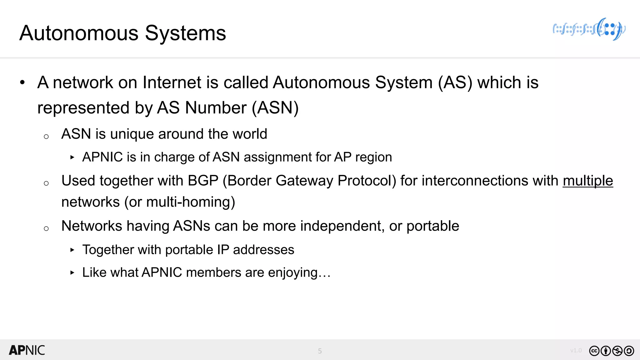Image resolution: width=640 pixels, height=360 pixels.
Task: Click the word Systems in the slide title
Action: [185, 33]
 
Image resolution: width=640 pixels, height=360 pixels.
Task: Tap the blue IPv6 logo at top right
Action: [589, 29]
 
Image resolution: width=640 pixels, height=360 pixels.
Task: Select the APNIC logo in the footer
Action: [27, 350]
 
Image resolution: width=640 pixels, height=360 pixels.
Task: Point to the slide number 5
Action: [320, 351]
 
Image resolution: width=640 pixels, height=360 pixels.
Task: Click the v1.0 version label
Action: [576, 350]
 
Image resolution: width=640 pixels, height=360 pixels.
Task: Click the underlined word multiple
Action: [588, 181]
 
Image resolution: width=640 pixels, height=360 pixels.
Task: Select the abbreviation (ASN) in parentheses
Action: [275, 108]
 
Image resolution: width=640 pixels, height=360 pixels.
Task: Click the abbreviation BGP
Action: [203, 181]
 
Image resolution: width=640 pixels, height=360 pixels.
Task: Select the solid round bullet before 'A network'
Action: [22, 83]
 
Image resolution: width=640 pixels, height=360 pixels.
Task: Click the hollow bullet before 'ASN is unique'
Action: [46, 137]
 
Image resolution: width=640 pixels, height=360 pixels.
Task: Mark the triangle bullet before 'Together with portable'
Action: [72, 250]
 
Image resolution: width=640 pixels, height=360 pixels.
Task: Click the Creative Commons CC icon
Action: [594, 351]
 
